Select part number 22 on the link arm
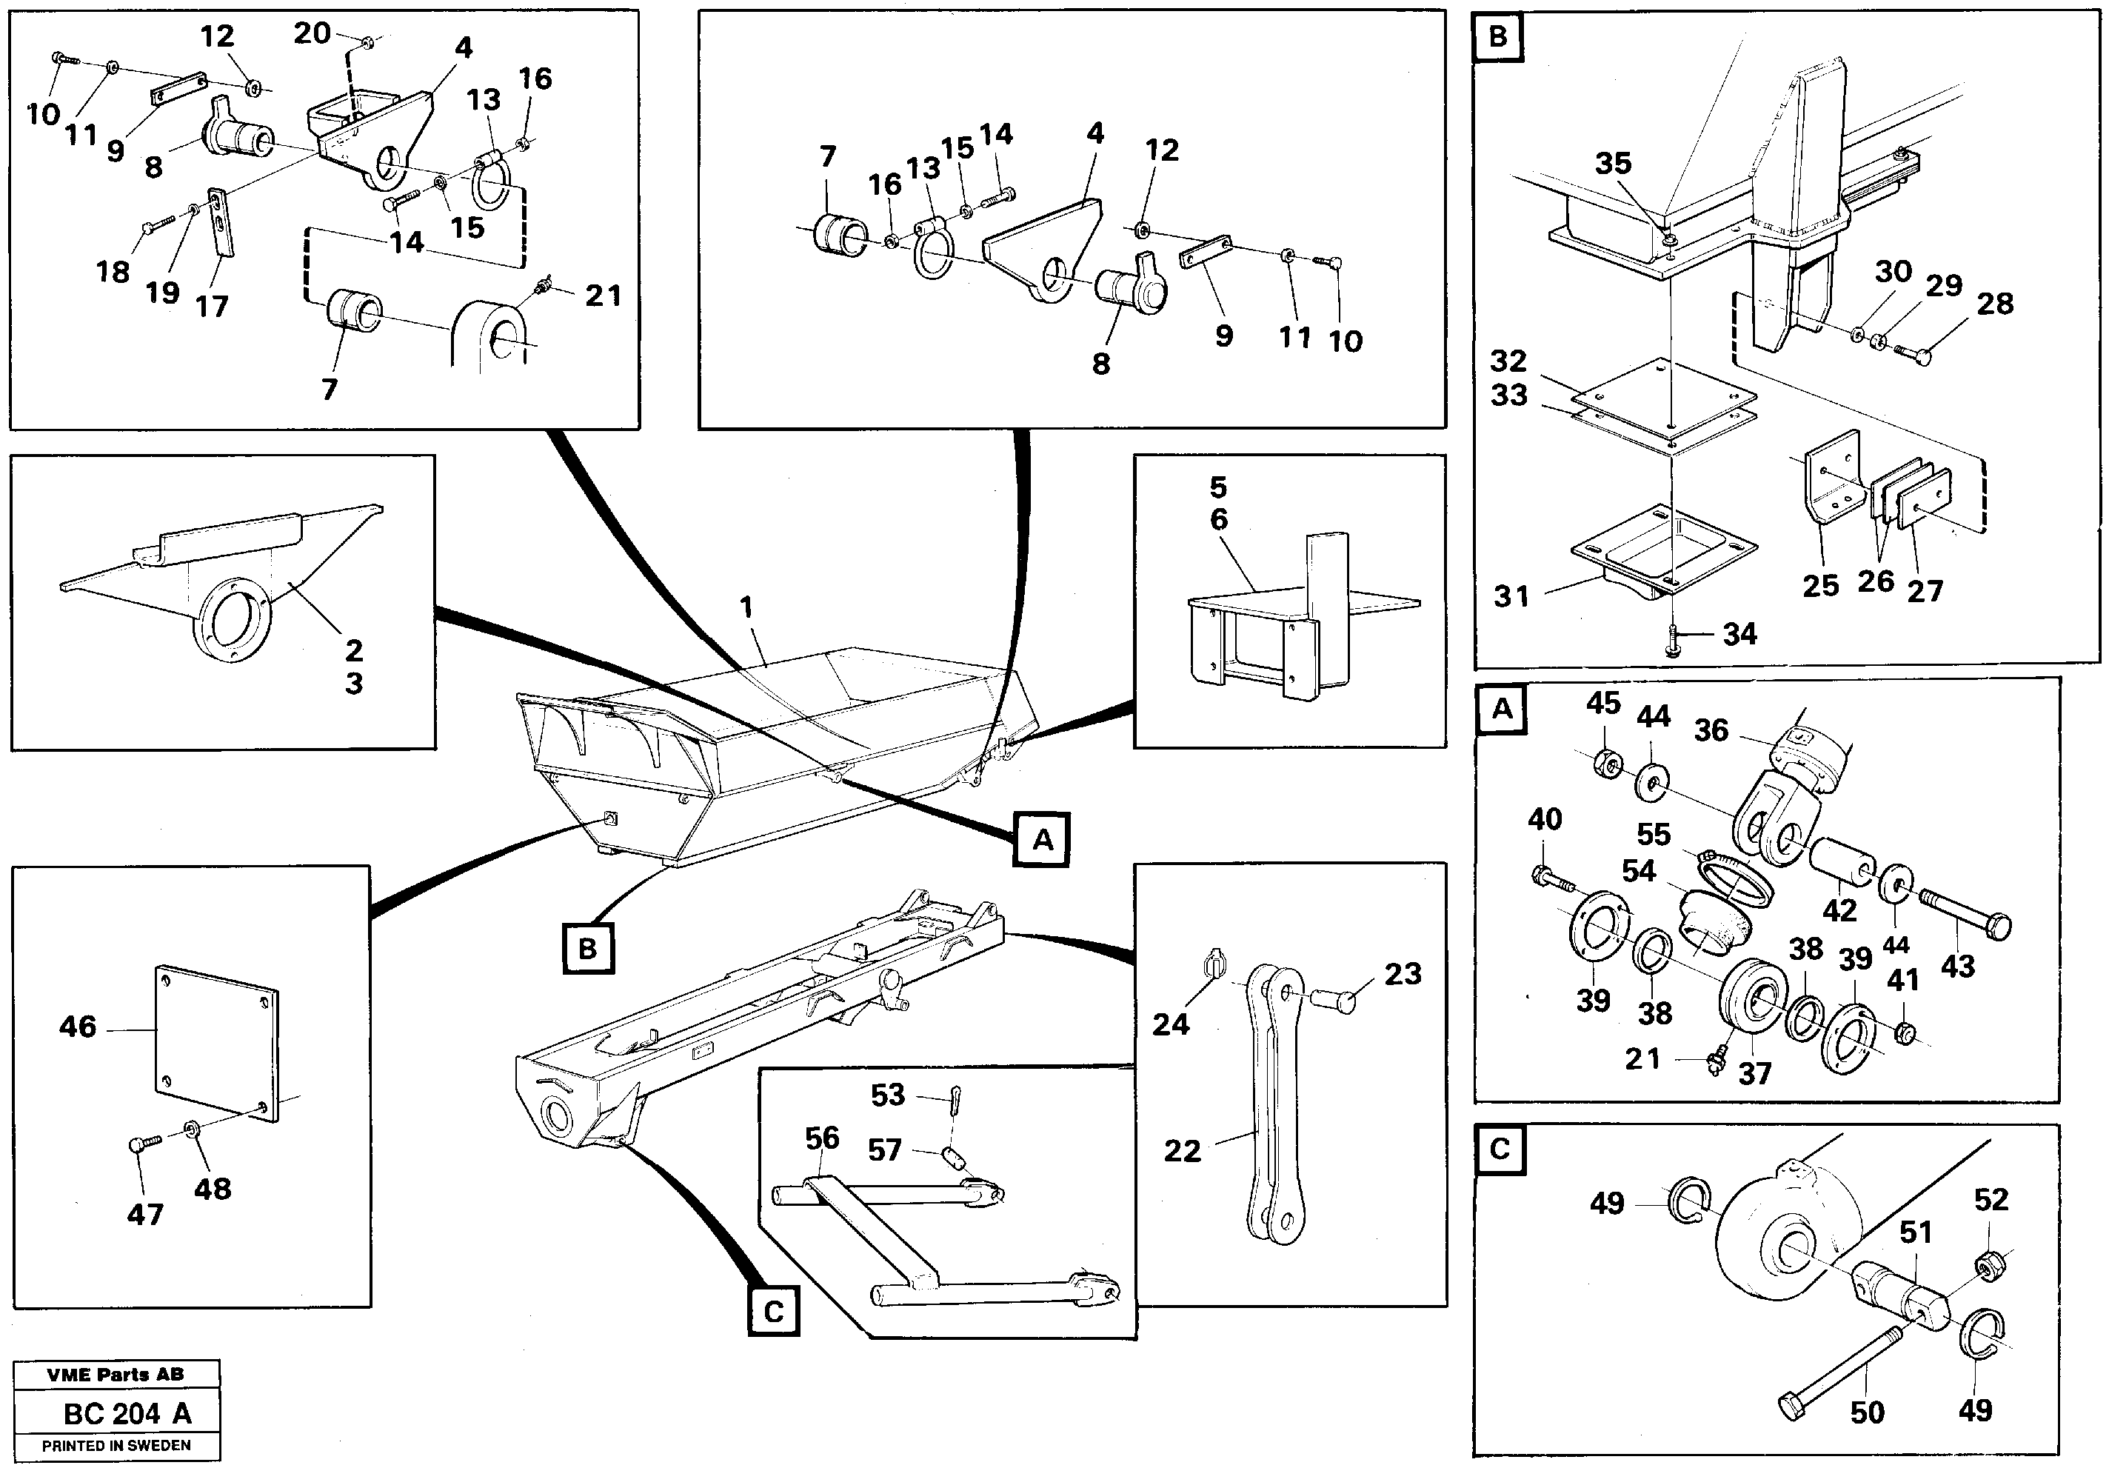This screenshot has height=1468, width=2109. coord(1182,1151)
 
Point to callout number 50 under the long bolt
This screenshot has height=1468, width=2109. coord(1868,1412)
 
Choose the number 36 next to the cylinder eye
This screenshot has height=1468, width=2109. coord(1711,730)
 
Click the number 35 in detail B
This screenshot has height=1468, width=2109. coord(1613,164)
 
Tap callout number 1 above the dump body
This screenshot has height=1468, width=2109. coord(746,607)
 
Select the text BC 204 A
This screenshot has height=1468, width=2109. coord(127,1414)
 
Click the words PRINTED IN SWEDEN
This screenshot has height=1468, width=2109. coord(117,1445)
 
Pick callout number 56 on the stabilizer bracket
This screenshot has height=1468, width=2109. coord(822,1138)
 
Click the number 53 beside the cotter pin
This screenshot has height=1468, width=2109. coord(888,1094)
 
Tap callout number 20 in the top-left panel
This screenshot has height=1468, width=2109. coord(312,33)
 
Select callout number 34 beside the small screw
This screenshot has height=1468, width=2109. coord(1739,634)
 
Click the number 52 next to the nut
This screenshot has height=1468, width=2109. coord(1991,1199)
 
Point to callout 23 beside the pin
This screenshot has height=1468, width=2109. coord(1403,974)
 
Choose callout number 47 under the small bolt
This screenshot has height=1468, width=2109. coord(145,1215)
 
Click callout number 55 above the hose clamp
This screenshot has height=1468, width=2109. coord(1654,834)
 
